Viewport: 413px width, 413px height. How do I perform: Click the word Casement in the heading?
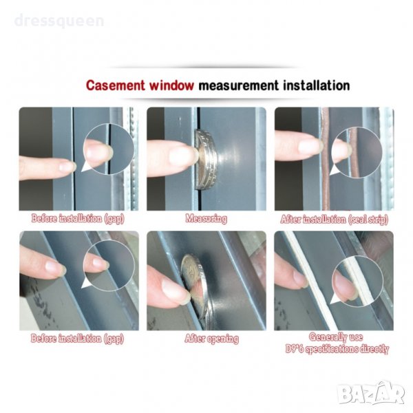click(116, 85)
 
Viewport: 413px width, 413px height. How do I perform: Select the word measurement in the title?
click(238, 85)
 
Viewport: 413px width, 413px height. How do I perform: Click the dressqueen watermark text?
click(59, 21)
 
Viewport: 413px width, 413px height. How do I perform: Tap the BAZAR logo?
click(371, 393)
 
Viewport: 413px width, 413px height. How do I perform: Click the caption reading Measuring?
click(206, 219)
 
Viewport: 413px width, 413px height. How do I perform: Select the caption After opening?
click(212, 339)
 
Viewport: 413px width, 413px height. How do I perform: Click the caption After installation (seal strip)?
click(335, 219)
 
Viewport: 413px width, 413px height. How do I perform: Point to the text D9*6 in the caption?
click(295, 348)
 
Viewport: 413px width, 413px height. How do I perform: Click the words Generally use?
click(336, 337)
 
